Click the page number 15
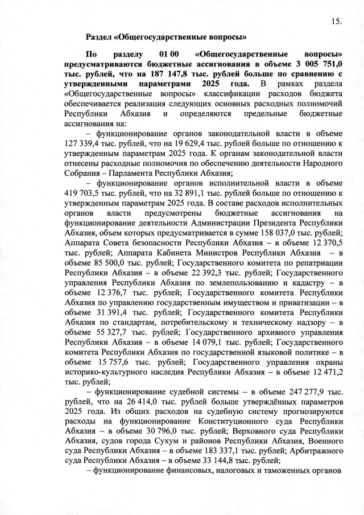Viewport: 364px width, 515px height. point(336,22)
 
